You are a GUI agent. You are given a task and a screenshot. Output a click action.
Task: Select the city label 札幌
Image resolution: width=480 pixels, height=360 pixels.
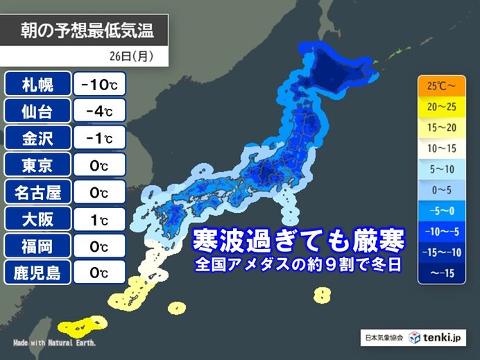pyautogui.click(x=39, y=85)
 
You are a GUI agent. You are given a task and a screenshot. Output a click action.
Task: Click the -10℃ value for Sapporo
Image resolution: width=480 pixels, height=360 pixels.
pyautogui.click(x=98, y=85)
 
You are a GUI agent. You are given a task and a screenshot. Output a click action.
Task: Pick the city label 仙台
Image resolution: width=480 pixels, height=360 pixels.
pyautogui.click(x=39, y=112)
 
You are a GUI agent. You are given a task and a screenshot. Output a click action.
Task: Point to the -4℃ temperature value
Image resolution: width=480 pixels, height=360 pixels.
pyautogui.click(x=98, y=112)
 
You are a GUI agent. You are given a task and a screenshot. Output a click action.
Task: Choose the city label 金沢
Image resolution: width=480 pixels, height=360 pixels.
pyautogui.click(x=39, y=138)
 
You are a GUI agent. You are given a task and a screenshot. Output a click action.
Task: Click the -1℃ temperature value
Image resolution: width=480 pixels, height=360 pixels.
pyautogui.click(x=98, y=138)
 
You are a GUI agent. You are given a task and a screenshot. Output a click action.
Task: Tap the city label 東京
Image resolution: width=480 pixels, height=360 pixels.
pyautogui.click(x=39, y=165)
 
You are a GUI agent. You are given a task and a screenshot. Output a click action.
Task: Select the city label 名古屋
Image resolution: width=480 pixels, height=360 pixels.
pyautogui.click(x=39, y=191)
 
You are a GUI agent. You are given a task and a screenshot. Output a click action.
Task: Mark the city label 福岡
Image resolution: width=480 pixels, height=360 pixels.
pyautogui.click(x=39, y=245)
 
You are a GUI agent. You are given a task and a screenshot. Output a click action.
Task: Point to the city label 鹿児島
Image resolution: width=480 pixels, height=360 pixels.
pyautogui.click(x=39, y=272)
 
